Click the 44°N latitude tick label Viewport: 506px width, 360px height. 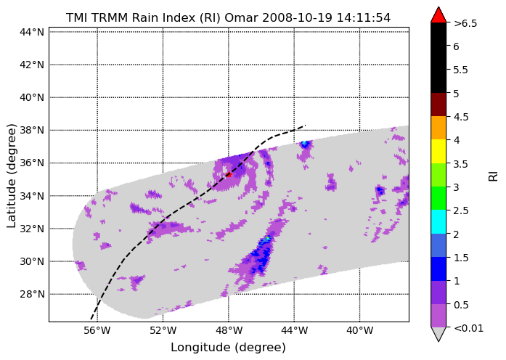click(x=32, y=32)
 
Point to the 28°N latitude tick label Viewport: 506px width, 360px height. click(x=32, y=294)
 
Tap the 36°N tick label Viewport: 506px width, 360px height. click(x=32, y=163)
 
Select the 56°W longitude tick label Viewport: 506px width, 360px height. click(x=97, y=331)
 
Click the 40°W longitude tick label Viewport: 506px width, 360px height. click(x=359, y=331)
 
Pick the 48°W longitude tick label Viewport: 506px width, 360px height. click(x=229, y=331)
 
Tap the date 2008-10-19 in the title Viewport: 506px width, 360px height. click(x=297, y=17)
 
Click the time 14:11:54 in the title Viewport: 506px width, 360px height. click(x=364, y=17)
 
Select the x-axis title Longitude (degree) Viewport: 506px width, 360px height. click(x=228, y=348)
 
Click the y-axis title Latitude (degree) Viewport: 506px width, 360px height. click(x=11, y=176)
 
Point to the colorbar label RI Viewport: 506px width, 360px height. click(x=494, y=176)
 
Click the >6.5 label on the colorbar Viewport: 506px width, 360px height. click(x=465, y=23)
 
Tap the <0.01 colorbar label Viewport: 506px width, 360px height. click(x=468, y=328)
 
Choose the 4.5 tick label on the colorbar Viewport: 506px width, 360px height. click(x=461, y=117)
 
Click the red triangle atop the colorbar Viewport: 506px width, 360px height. click(x=438, y=15)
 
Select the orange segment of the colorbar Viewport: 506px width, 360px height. click(x=438, y=128)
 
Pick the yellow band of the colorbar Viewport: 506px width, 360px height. click(x=438, y=151)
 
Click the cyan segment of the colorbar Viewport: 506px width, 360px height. click(x=438, y=221)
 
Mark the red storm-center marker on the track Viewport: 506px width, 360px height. click(x=229, y=174)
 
